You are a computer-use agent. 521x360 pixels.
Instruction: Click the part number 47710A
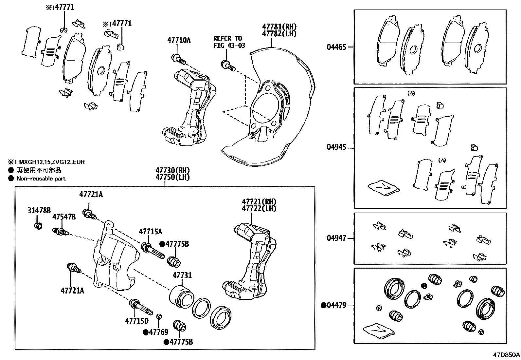179,40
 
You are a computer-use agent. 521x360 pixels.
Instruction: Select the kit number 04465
336,47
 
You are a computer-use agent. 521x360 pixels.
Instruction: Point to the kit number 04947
336,238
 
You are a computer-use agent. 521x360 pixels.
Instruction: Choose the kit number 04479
336,306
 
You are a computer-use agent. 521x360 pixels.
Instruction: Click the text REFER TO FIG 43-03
229,42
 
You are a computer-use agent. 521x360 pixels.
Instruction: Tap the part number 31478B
39,210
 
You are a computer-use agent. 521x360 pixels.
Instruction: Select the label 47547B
64,217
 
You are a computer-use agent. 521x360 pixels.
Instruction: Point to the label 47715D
136,321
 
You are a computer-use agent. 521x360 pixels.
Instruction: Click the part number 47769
158,332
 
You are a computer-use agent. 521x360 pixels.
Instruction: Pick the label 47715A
150,232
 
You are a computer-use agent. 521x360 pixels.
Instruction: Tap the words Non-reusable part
41,179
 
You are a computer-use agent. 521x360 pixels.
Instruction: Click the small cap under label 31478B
39,226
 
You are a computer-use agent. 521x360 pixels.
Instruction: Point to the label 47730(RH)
172,171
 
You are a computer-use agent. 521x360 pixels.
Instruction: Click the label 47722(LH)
259,209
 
